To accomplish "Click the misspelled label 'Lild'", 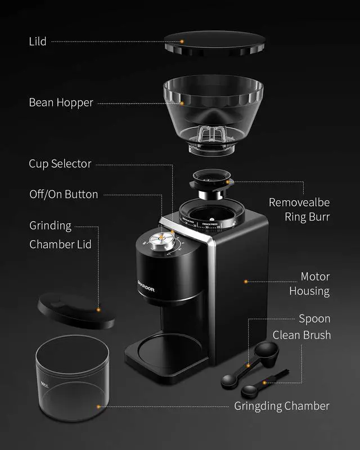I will tap(37, 42).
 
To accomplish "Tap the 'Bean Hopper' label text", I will tap(61, 103).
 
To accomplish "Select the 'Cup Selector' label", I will tap(60, 164).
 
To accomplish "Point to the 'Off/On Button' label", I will tap(64, 195).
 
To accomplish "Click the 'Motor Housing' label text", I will tap(309, 284).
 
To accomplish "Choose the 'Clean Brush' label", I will tap(301, 335).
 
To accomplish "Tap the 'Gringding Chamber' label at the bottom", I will tap(282, 406).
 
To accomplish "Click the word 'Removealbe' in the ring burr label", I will tap(299, 202).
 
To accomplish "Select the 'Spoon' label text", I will tap(314, 319).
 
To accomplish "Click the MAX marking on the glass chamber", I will tap(45, 385).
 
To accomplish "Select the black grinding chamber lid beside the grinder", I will tap(75, 310).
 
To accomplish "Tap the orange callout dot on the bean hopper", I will tap(182, 103).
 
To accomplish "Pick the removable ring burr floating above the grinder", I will tap(212, 183).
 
